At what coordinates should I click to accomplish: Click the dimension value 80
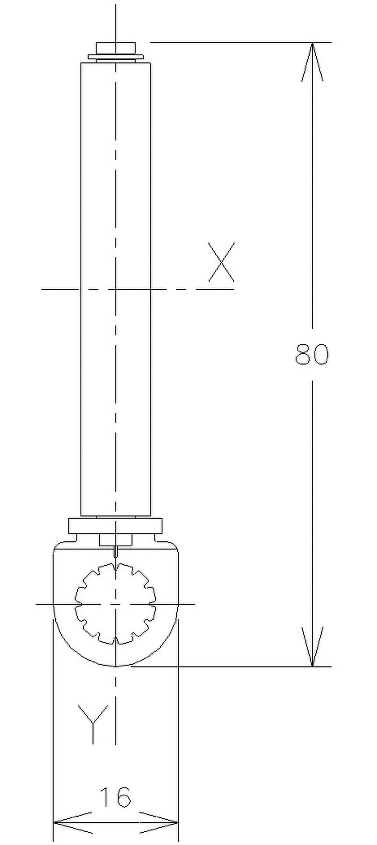[312, 354]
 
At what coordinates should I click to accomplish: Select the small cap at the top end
[116, 47]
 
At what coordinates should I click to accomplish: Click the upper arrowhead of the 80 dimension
[312, 60]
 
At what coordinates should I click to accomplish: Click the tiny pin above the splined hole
[116, 551]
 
